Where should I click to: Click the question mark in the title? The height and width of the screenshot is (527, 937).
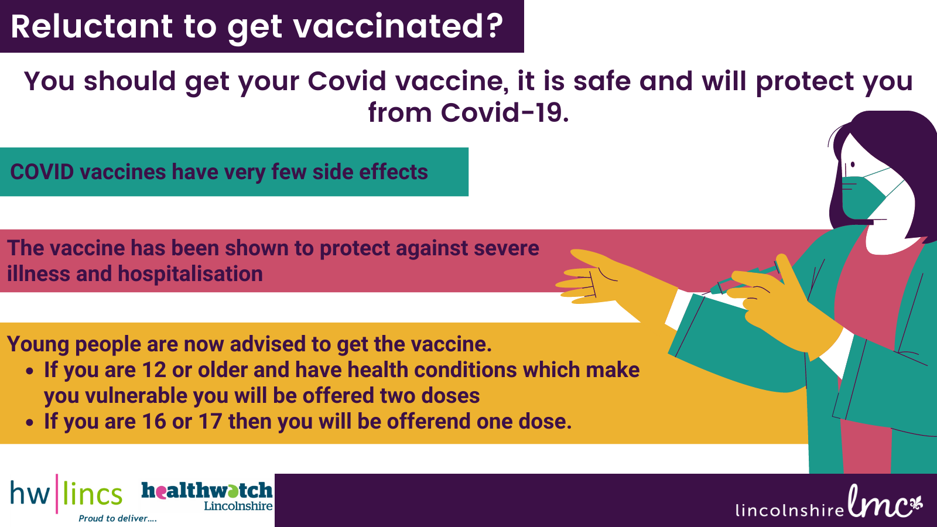point(493,26)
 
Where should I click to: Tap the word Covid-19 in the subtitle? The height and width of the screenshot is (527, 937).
point(505,112)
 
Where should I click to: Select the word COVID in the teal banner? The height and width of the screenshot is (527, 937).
point(42,172)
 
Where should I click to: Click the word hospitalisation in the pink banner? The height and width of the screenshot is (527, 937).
point(190,274)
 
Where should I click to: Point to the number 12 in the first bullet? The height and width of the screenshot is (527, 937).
point(154,370)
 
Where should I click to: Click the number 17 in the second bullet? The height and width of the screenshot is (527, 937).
point(210,421)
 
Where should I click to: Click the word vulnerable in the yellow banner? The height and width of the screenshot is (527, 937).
point(136,396)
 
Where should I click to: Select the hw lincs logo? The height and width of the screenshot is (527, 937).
point(67,494)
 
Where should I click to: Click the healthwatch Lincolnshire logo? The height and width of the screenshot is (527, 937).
point(207,496)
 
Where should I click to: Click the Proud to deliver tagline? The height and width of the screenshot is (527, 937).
point(118,519)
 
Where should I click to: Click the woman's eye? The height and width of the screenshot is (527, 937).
point(853,165)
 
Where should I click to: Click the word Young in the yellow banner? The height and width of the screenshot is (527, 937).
point(38,345)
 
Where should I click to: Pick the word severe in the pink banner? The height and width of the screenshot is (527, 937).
point(507,248)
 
